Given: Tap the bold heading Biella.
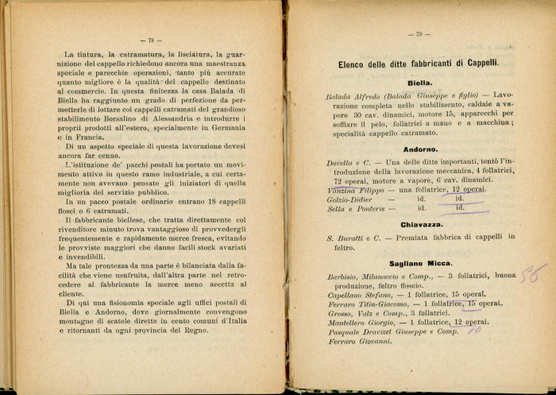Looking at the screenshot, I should point(419,82).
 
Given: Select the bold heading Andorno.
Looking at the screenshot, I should point(419,149).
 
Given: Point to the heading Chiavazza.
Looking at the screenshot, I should point(421,224).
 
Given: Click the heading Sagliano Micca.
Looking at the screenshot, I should point(421,263).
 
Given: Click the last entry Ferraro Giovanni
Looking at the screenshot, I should point(360,342).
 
